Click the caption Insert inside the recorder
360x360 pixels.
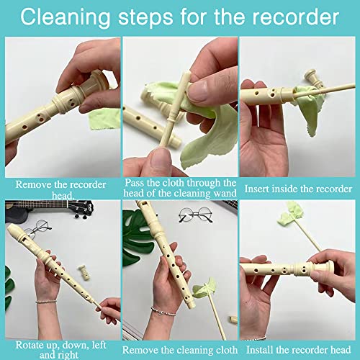(x=299, y=189)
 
